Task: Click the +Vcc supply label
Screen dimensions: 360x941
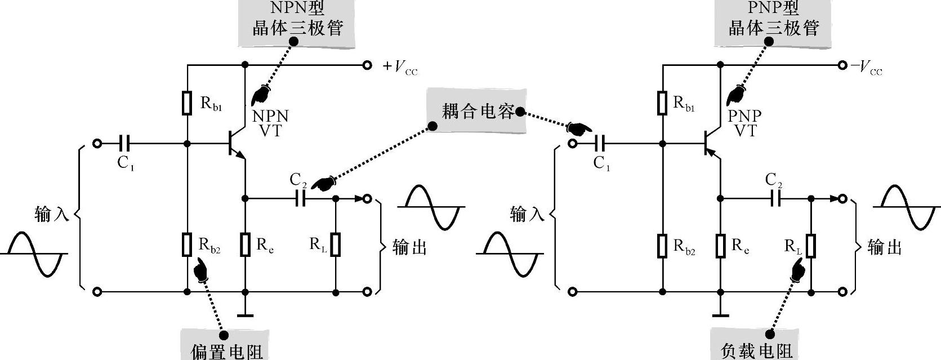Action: click(x=400, y=67)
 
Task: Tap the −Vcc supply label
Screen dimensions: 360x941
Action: click(x=867, y=67)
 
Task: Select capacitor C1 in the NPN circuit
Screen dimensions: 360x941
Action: click(x=125, y=144)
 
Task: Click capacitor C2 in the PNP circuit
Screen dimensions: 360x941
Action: click(x=776, y=198)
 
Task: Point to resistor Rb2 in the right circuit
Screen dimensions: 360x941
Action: click(x=663, y=246)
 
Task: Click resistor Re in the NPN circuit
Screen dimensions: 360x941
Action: click(x=245, y=245)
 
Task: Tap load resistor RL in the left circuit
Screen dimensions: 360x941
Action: click(x=336, y=245)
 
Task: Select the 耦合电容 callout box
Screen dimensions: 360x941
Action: click(x=477, y=111)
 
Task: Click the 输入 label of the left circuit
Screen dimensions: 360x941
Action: click(x=51, y=214)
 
